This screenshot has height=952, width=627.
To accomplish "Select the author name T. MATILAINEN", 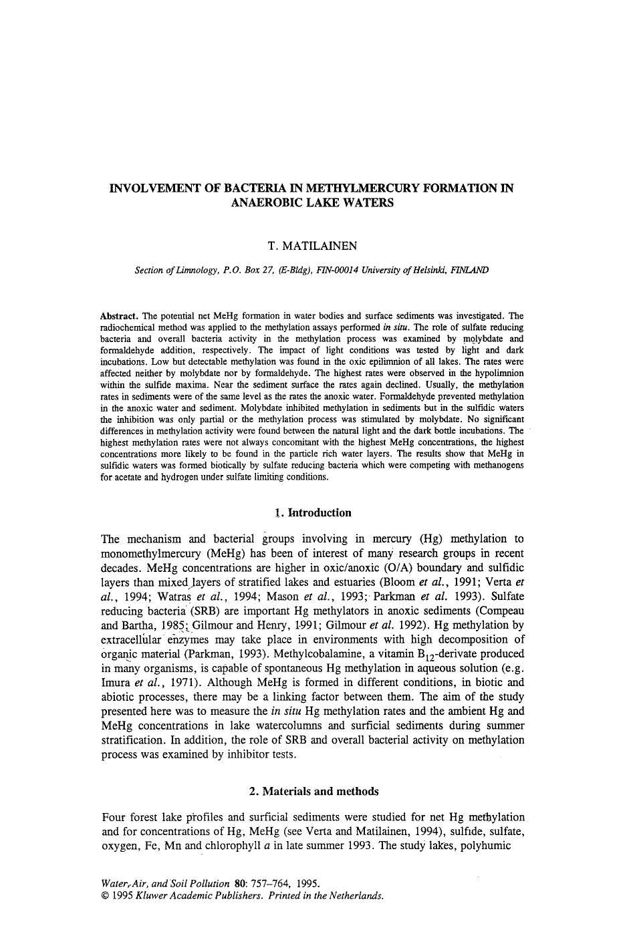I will (x=312, y=246).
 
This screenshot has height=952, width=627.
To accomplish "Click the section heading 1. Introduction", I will (x=312, y=513).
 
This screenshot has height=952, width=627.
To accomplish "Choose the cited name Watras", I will (x=172, y=597).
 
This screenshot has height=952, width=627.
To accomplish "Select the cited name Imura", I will (x=116, y=683).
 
